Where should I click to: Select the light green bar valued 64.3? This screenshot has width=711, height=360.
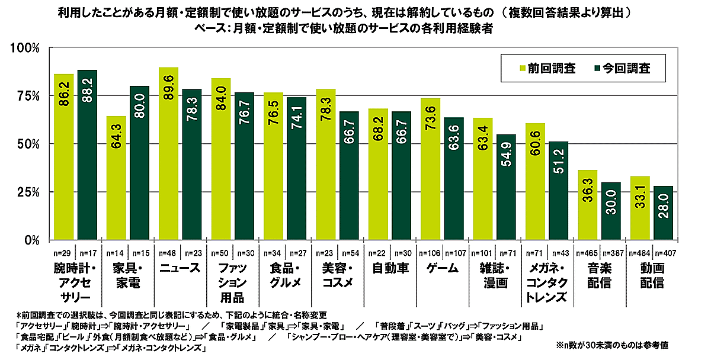coord(116,178)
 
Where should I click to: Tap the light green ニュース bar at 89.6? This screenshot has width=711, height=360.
coord(168,153)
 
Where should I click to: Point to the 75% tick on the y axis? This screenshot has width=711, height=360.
coord(27,96)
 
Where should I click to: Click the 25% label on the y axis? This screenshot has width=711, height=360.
coord(27,192)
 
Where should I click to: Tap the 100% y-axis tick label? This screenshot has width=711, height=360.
coord(25,48)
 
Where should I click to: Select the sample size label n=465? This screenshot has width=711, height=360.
coord(587,253)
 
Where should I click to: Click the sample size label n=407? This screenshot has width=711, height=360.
coord(665,253)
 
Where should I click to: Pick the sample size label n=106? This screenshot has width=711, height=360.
coord(429,253)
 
